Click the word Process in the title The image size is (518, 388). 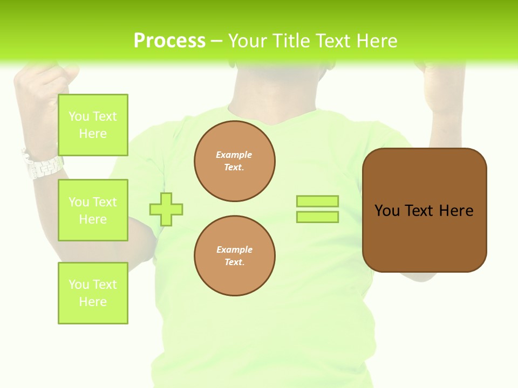(169, 41)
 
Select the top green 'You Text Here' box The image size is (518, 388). (93, 125)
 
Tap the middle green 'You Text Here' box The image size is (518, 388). (93, 210)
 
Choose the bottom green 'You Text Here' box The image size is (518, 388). (93, 293)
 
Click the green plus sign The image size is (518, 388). (166, 209)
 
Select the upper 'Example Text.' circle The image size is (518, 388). (235, 161)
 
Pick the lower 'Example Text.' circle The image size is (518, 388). (235, 256)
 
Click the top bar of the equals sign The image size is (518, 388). (317, 201)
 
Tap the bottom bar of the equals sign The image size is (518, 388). (317, 217)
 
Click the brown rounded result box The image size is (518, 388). (425, 237)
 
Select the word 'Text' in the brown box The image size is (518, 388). (419, 210)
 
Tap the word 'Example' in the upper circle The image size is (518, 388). (234, 155)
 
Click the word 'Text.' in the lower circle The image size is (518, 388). (234, 262)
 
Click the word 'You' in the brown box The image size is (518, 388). (387, 210)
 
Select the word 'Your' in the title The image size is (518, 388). (248, 41)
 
